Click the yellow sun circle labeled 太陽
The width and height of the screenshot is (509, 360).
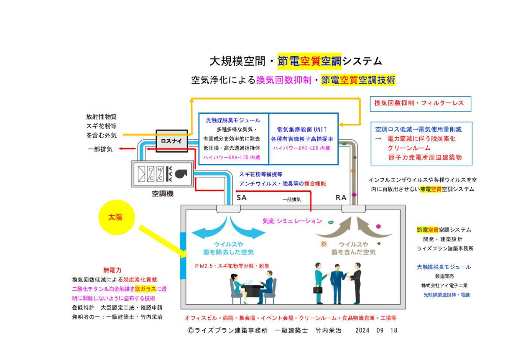coord(117,217)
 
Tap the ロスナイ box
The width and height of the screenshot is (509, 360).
coord(172,141)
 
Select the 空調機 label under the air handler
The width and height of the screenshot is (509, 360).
coord(163,194)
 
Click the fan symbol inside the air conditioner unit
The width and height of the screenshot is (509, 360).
coord(181,173)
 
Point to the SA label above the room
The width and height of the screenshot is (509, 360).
coord(242,197)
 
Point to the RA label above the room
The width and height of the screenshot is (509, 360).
coord(341,197)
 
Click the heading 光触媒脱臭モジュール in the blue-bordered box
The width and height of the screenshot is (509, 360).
coord(233,120)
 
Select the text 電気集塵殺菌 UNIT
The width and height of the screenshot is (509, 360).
coord(302,129)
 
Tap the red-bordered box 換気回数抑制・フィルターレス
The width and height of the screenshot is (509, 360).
coord(420,104)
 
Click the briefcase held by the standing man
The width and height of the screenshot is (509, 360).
coord(318,289)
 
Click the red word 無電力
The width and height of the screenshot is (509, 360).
coord(112,270)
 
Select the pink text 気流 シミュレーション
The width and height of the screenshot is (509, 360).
coord(292,221)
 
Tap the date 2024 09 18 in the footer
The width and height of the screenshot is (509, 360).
coord(376,330)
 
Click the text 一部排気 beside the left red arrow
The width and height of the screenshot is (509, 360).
coord(100,149)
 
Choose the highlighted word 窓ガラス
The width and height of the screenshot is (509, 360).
coord(145,289)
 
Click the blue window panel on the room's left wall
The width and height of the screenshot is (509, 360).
coord(183,256)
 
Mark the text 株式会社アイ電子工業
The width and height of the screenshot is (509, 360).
coord(445,285)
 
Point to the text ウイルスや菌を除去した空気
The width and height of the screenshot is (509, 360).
coord(229,248)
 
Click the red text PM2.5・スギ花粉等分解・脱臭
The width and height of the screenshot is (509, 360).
coord(232,266)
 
